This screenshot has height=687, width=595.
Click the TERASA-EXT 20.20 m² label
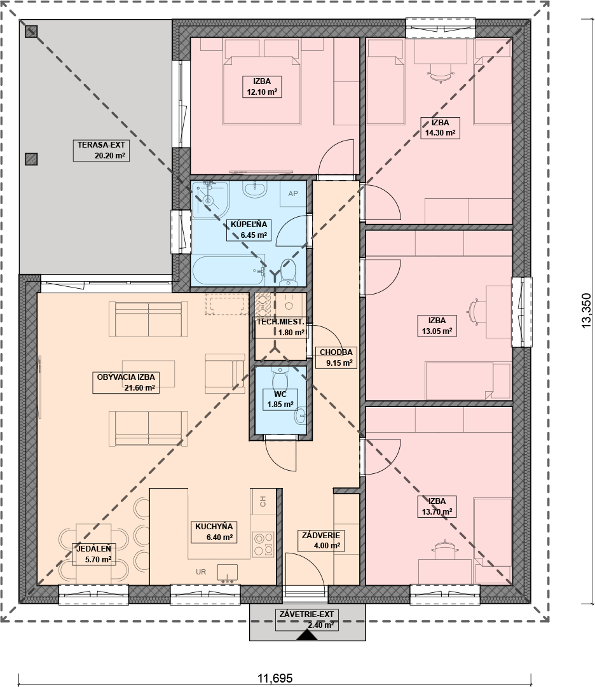100,150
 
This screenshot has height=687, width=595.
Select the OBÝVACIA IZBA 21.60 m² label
126,382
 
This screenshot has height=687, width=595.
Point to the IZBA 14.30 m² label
439,127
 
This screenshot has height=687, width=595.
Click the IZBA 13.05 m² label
437,326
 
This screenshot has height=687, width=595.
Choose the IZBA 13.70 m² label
437,506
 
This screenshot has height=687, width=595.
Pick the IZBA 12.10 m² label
262,87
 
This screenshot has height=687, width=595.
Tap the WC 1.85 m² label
280,399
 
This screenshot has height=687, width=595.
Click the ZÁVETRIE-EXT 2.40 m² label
306,620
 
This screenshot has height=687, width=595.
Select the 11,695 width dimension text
275,678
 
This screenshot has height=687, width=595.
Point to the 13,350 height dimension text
586,310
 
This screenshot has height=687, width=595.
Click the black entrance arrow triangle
307,635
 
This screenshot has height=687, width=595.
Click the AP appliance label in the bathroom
293,193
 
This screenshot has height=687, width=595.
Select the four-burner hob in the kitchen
263,544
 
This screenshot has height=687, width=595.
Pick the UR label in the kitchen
201,572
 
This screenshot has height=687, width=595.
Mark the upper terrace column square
31,31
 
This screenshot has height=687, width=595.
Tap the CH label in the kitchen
263,502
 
